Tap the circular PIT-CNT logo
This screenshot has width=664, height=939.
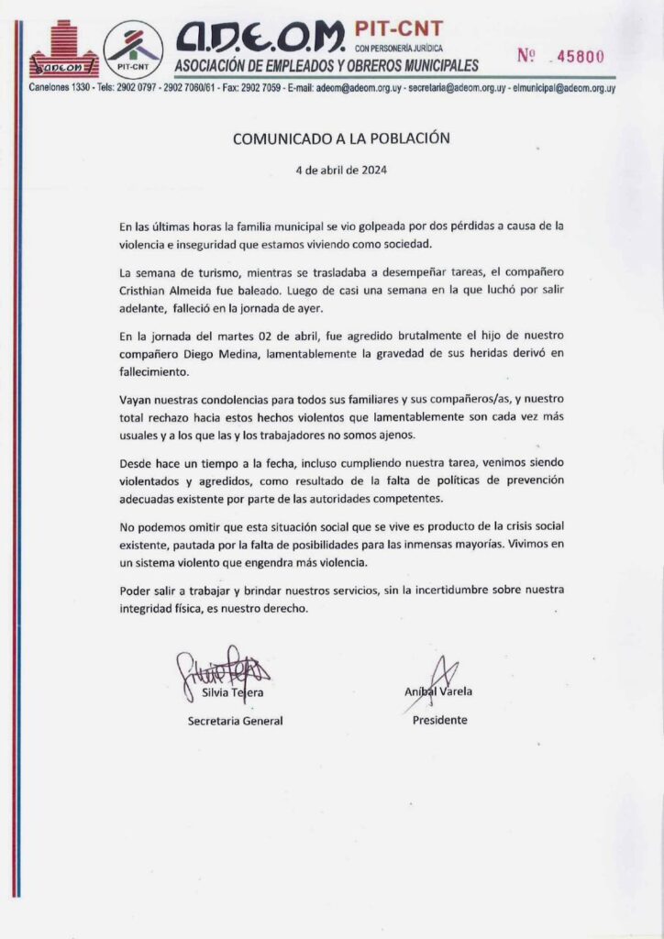coord(134,49)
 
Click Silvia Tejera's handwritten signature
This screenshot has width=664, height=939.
coord(223,667)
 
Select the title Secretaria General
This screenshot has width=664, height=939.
coord(235,721)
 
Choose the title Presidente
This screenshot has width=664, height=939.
coord(439,721)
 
